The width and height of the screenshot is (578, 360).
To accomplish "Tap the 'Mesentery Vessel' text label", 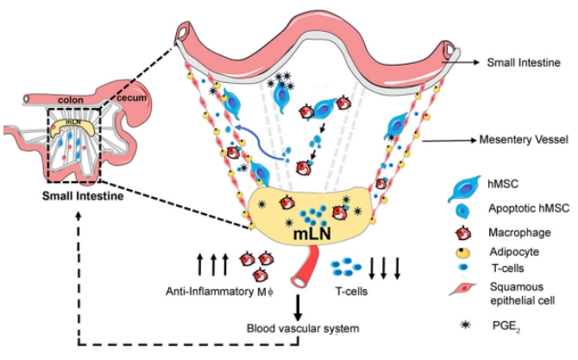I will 519,138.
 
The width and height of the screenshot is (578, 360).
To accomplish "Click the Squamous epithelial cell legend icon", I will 470,295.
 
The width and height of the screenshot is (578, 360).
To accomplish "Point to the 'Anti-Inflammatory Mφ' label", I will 208,291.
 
